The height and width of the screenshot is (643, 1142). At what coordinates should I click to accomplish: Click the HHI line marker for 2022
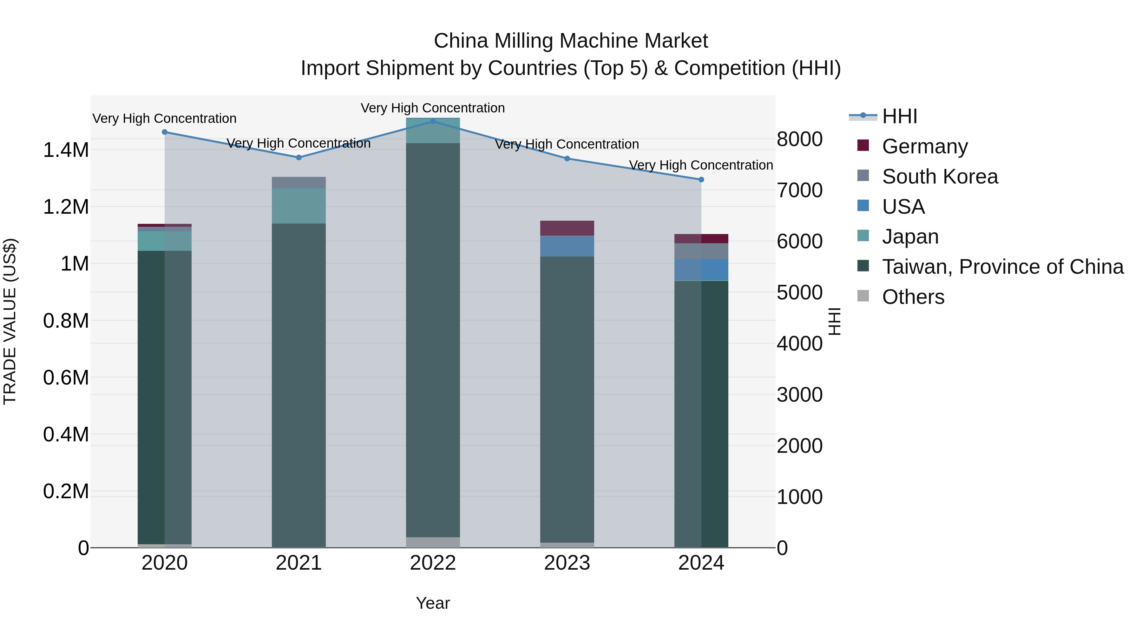[x=433, y=121]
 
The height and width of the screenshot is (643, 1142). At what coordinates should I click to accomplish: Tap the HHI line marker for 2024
[x=701, y=180]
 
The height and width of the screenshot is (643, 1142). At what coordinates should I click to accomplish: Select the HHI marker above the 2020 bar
[x=164, y=132]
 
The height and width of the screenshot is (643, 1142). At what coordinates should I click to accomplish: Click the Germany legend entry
[x=924, y=146]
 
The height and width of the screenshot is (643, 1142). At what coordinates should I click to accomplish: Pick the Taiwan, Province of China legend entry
[x=1002, y=267]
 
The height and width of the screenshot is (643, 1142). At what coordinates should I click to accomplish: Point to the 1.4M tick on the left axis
[x=66, y=150]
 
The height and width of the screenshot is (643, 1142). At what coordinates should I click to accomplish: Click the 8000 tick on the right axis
[x=799, y=139]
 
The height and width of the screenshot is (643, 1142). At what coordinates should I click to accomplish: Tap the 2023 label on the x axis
[x=567, y=563]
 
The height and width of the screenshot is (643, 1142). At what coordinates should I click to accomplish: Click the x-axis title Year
[x=433, y=603]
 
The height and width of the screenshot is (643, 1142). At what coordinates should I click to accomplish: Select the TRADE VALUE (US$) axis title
[x=10, y=321]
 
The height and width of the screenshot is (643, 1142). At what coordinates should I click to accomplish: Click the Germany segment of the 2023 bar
[x=567, y=228]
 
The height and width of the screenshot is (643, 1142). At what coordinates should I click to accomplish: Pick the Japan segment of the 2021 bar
[x=299, y=205]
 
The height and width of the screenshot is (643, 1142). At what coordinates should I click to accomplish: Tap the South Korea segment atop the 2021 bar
[x=299, y=182]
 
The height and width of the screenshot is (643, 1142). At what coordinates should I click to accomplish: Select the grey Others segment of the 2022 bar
[x=433, y=542]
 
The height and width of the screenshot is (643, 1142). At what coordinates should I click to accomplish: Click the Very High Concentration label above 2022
[x=432, y=108]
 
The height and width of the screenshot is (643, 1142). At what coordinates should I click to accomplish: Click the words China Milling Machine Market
[x=571, y=41]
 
